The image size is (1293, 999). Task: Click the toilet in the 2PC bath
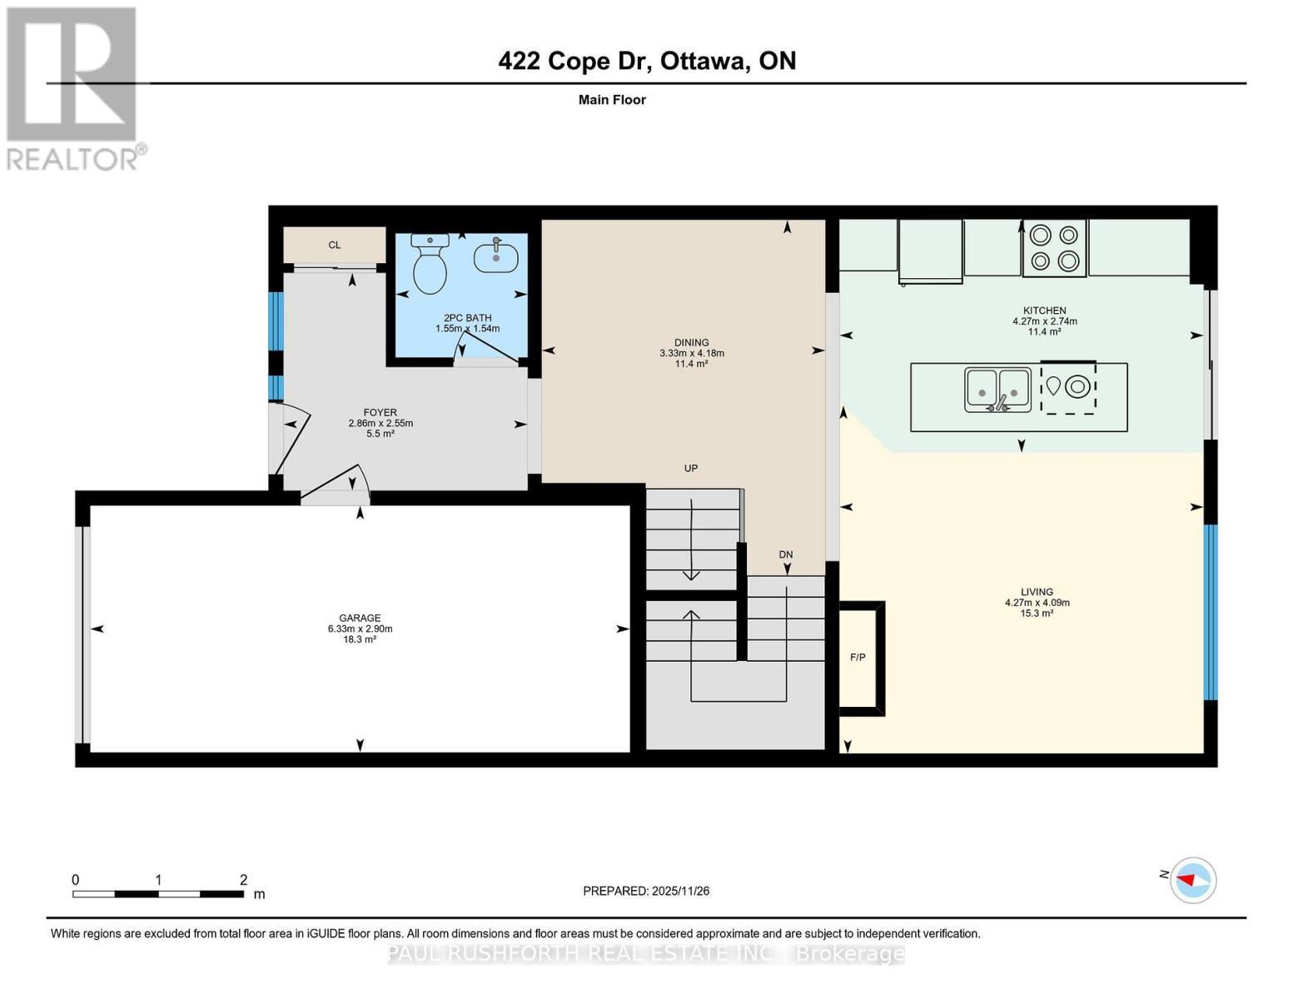point(430,266)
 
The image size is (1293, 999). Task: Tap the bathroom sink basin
point(495,257)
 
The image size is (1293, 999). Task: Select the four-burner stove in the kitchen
point(1054,248)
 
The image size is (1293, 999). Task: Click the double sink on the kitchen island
point(997,390)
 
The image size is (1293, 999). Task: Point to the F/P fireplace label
point(858,658)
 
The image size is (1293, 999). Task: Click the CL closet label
point(334,245)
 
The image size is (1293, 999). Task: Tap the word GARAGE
point(360,618)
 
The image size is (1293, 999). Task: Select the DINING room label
point(691,342)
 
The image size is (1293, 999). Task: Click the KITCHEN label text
point(1044,311)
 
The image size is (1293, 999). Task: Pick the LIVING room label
point(1037,592)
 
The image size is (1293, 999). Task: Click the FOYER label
point(380,412)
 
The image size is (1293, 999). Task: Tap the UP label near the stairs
point(690,468)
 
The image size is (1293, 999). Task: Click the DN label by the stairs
point(785,554)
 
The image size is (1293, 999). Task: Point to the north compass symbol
point(1193,879)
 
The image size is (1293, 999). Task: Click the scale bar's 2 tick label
point(243,880)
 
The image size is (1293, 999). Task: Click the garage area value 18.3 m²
point(360,639)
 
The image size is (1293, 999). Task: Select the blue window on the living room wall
point(1211,612)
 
